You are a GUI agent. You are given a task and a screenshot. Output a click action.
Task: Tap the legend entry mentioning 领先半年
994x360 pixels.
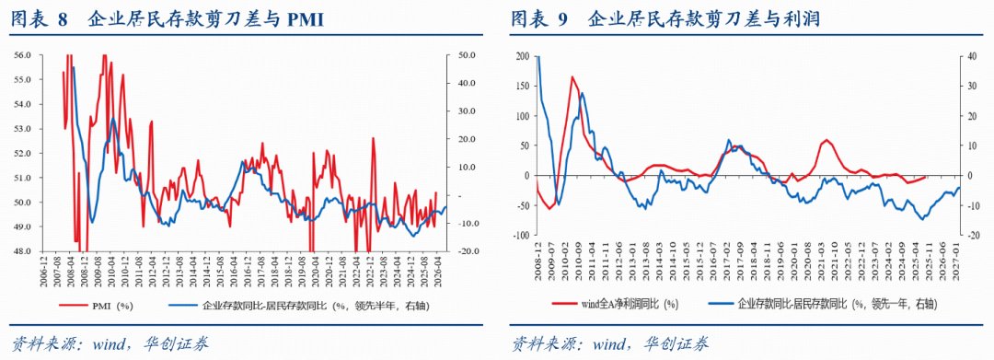coord(295,304)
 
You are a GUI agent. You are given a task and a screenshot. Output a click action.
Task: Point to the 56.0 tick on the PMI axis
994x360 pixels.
coord(23,55)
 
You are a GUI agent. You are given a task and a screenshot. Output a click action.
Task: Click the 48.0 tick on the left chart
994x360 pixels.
coord(23,250)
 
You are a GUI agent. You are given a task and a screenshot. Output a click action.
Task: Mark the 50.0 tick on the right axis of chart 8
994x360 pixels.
coord(468,55)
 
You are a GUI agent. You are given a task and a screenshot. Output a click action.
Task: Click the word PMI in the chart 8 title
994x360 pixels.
coord(305,19)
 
